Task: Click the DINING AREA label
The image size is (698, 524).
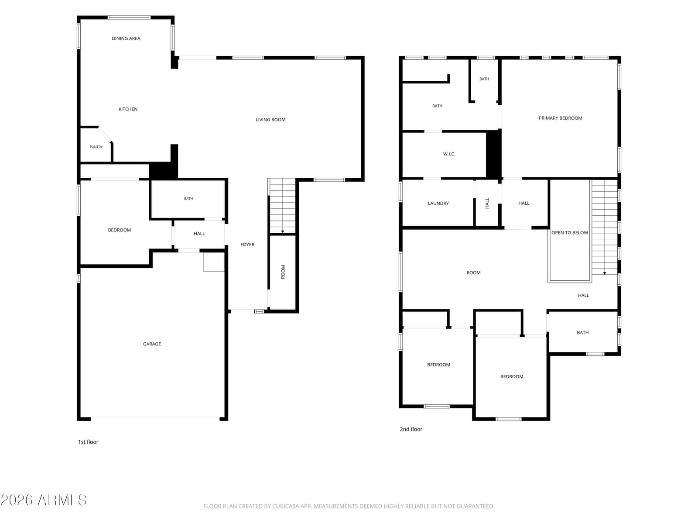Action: click(x=126, y=38)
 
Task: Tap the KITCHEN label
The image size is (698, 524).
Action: click(x=128, y=109)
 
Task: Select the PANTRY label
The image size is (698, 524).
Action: click(x=96, y=147)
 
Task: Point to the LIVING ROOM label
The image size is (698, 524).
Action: click(x=270, y=120)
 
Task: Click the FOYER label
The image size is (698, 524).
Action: click(x=247, y=245)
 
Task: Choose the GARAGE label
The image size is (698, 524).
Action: click(x=152, y=344)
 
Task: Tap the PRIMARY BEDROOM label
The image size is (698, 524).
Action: click(x=560, y=118)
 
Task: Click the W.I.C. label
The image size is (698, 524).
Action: click(x=449, y=154)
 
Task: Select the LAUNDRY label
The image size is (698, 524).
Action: click(x=438, y=203)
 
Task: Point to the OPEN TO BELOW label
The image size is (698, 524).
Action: click(x=570, y=233)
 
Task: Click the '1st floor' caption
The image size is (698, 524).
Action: click(x=88, y=442)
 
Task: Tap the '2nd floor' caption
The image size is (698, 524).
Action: click(x=411, y=429)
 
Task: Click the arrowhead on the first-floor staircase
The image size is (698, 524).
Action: click(x=282, y=231)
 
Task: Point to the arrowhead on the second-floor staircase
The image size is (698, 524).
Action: click(x=605, y=273)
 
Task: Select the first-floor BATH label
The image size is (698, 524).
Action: click(x=188, y=199)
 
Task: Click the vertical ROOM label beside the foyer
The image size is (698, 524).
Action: click(x=283, y=272)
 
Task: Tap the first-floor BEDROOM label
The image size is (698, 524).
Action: click(x=119, y=230)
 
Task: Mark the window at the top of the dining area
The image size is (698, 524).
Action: click(x=128, y=17)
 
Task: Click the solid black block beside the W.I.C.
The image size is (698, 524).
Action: click(x=493, y=154)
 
